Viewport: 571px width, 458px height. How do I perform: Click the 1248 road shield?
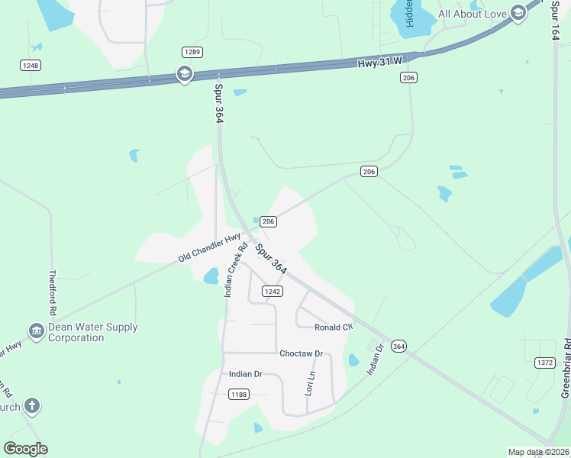[31, 66]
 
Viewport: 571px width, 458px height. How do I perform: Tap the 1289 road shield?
[192, 52]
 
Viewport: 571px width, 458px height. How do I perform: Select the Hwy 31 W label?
[379, 64]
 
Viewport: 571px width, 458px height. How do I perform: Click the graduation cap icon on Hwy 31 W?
[184, 74]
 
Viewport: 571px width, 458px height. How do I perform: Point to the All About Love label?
[473, 13]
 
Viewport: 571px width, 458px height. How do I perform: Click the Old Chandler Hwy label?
[209, 248]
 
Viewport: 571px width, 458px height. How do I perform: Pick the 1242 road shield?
[273, 292]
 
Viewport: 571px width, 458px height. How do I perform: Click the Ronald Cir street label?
[334, 327]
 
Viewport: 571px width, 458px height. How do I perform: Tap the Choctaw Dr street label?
[302, 353]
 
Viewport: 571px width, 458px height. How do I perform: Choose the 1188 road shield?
[238, 394]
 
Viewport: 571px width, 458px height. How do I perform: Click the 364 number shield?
[398, 347]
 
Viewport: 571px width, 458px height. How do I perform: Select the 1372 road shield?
[545, 363]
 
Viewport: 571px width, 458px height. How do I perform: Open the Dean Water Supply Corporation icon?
[35, 332]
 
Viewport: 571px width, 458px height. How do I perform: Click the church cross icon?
[31, 405]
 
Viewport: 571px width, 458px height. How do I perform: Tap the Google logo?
[25, 449]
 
